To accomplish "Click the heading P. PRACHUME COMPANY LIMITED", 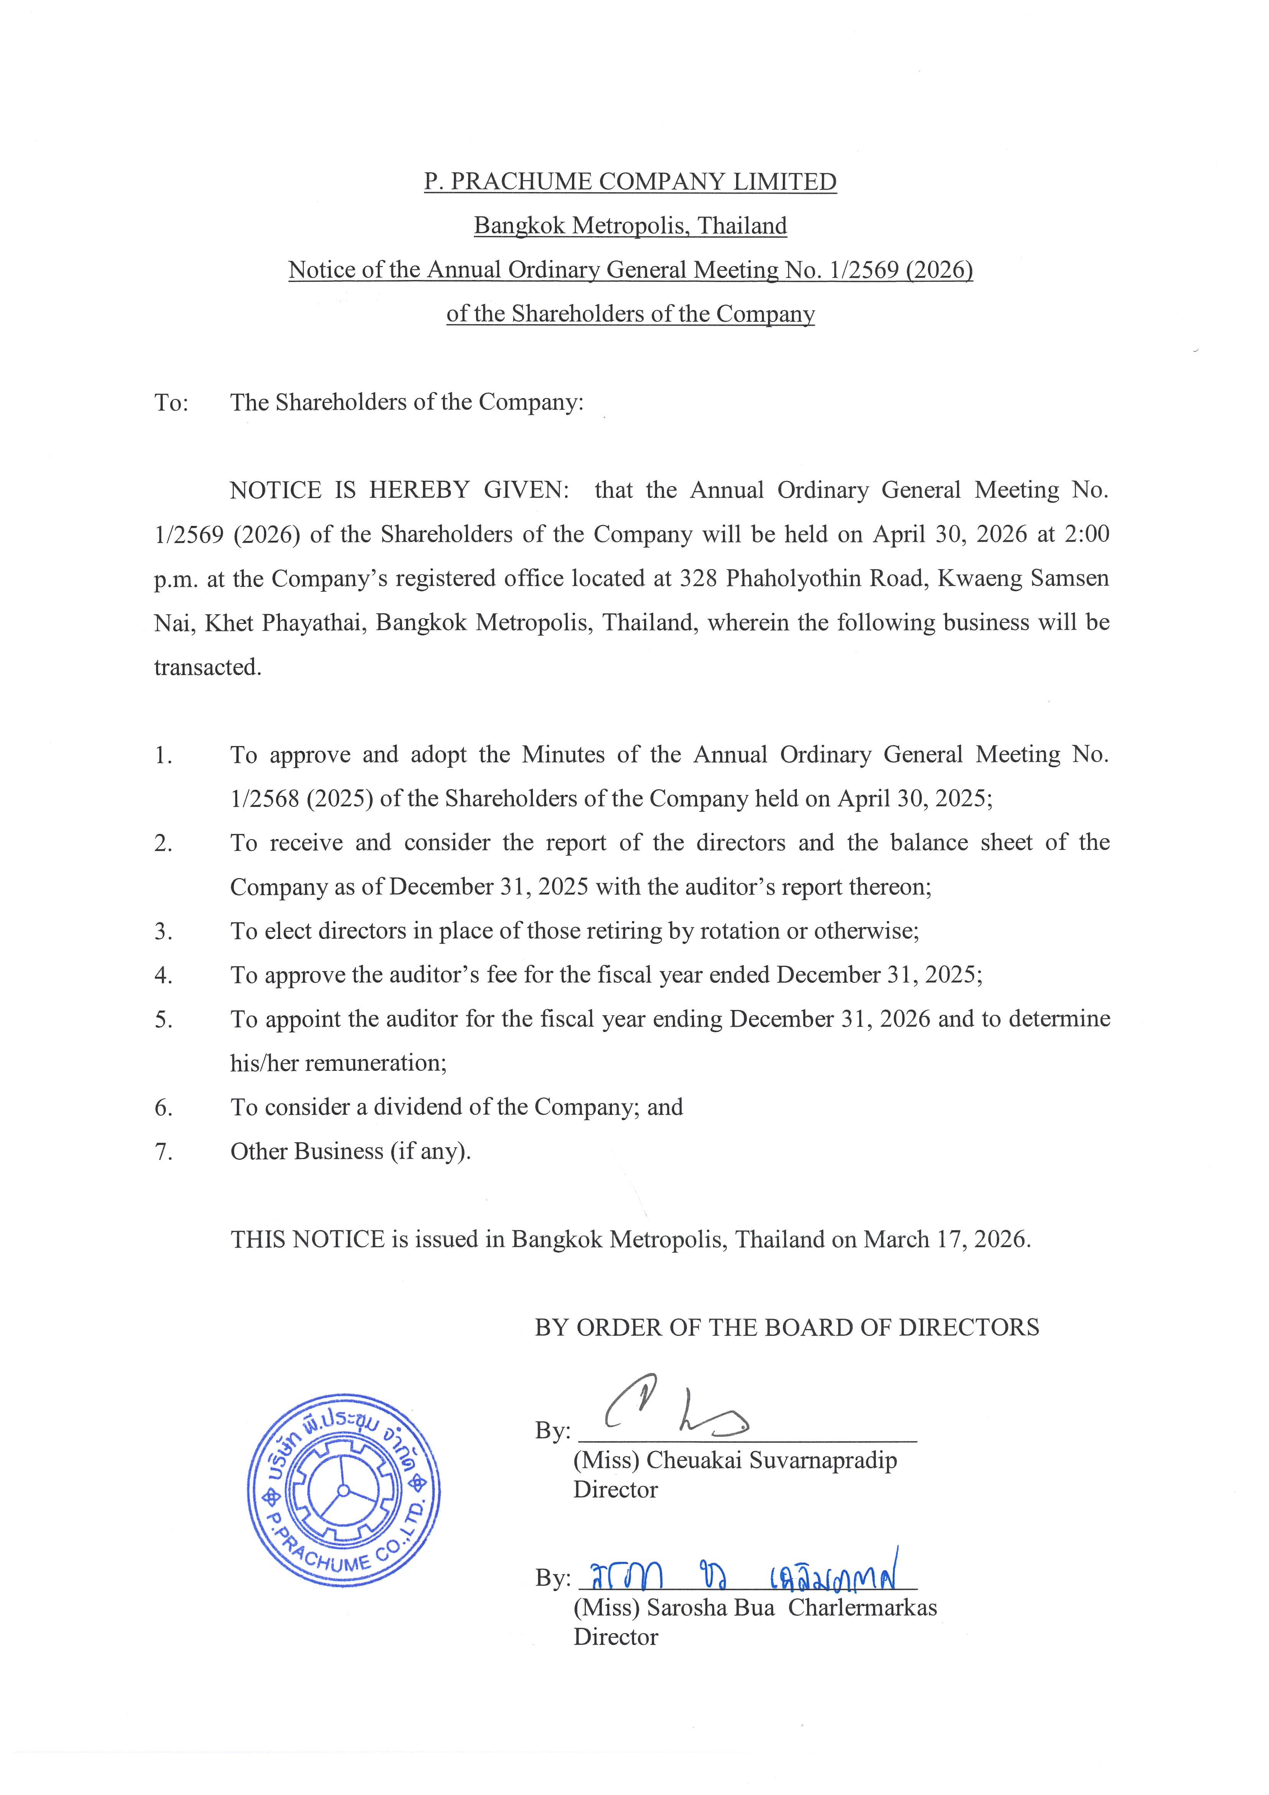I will click(x=630, y=181).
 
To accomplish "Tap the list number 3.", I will click(x=163, y=931).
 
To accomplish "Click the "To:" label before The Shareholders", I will click(x=171, y=403).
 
